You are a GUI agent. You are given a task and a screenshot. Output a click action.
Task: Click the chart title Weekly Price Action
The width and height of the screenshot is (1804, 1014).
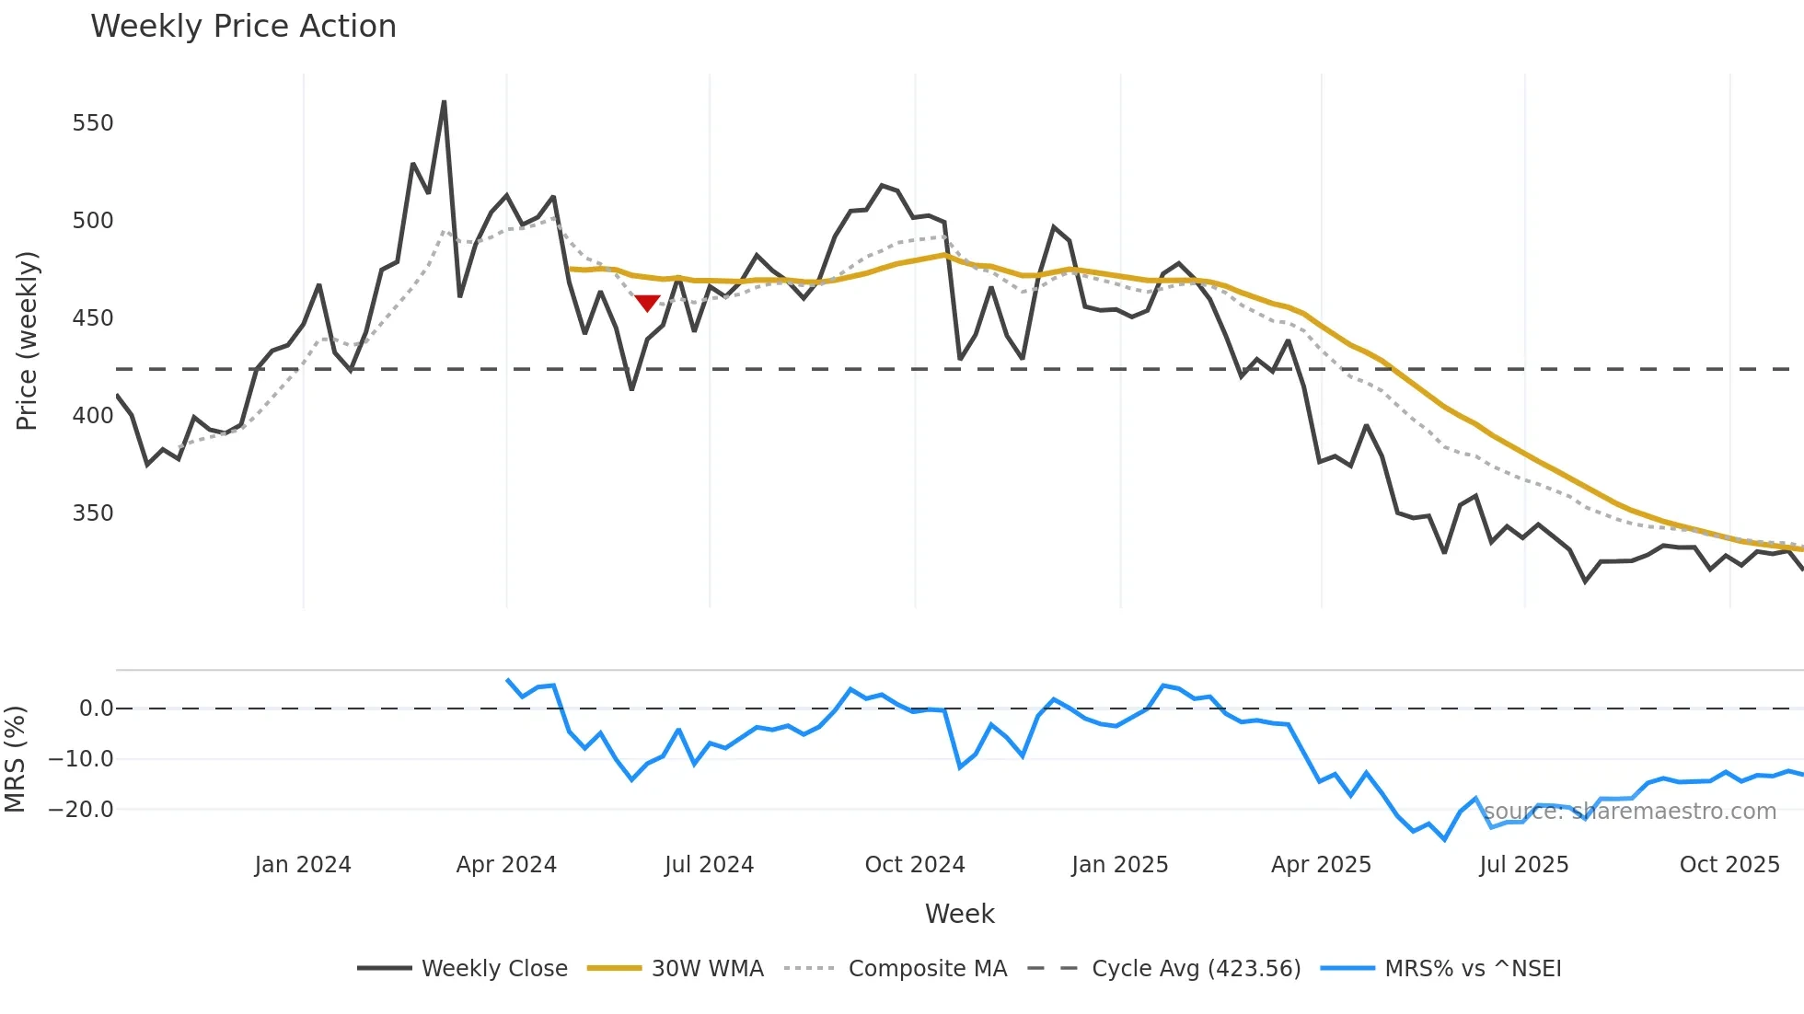point(243,27)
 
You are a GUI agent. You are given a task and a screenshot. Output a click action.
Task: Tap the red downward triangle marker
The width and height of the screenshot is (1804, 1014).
point(647,303)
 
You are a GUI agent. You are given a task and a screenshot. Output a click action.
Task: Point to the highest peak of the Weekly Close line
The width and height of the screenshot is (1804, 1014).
point(444,102)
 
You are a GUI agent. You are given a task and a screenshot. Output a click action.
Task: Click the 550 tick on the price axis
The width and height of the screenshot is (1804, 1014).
point(93,123)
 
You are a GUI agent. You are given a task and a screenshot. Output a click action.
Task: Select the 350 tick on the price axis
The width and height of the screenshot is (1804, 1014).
point(93,513)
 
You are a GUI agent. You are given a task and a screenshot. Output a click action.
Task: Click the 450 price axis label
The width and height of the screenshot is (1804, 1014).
point(93,318)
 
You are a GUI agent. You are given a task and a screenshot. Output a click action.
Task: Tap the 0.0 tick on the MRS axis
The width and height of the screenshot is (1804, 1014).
point(96,709)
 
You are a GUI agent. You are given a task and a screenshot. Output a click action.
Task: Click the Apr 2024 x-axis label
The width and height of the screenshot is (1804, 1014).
point(506,865)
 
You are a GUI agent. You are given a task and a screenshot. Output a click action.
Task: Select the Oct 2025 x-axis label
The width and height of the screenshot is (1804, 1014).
point(1729,865)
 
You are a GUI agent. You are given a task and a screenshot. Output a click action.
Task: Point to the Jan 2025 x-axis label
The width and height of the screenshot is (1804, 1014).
point(1119,865)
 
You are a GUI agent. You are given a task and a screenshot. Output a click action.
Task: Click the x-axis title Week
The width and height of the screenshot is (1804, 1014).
point(959,914)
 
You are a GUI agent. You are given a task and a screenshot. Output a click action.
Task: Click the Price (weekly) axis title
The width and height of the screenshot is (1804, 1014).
point(27,340)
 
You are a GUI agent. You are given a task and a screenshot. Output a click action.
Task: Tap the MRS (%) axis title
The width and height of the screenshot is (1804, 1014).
point(16,759)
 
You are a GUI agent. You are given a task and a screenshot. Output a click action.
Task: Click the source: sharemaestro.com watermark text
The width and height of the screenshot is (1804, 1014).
point(1629,812)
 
